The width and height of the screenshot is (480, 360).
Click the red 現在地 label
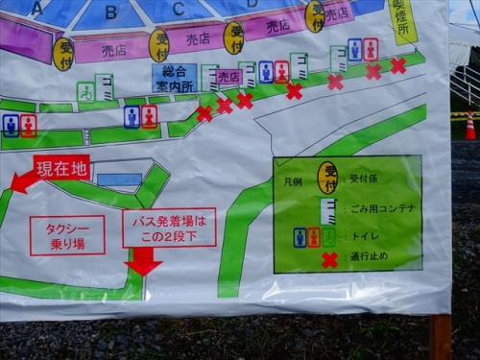[62, 168]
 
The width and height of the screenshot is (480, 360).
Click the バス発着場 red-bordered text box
[169, 228]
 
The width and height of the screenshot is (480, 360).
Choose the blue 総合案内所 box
[174, 78]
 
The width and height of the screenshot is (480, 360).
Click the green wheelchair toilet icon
[85, 91]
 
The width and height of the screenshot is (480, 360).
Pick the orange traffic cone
[470, 127]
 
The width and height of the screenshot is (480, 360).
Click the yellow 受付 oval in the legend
[328, 176]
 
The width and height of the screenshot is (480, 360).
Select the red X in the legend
[329, 260]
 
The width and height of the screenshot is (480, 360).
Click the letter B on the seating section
[111, 13]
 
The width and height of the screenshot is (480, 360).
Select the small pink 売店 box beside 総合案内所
[228, 76]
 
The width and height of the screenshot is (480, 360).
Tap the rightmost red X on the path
[397, 65]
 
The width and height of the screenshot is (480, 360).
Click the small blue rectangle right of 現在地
[119, 180]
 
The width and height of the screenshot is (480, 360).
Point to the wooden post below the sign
[441, 336]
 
